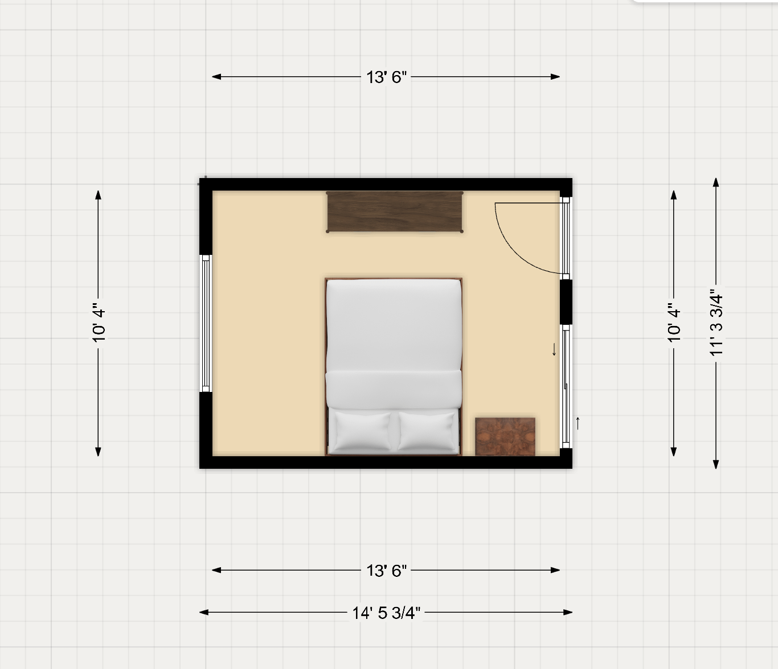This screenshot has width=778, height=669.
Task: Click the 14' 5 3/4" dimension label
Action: pos(386,613)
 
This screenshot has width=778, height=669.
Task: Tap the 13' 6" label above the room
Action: pos(386,77)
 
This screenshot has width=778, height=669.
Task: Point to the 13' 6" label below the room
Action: pos(386,571)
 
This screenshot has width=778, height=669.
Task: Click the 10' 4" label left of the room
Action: pos(99,323)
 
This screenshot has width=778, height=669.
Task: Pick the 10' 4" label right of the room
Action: pos(674,323)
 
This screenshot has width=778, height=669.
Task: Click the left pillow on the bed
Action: pos(362,431)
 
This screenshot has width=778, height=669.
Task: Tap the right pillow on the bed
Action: pos(427,431)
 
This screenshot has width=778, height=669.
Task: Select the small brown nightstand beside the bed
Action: pos(505,436)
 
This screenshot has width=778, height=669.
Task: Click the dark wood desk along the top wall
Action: pos(395,212)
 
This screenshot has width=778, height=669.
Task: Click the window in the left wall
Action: pos(206,323)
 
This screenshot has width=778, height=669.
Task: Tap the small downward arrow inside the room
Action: pos(554,349)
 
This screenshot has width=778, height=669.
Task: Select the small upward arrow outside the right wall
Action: pos(578,423)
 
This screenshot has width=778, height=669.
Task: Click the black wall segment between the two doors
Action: pos(566,302)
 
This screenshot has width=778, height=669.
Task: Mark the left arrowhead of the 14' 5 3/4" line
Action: pos(204,613)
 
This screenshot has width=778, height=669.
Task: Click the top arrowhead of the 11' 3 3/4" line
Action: pos(716,183)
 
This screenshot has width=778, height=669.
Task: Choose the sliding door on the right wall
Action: pos(566,386)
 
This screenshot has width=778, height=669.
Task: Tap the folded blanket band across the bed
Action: pos(394,389)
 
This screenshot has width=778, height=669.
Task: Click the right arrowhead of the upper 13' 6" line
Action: pos(555,77)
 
